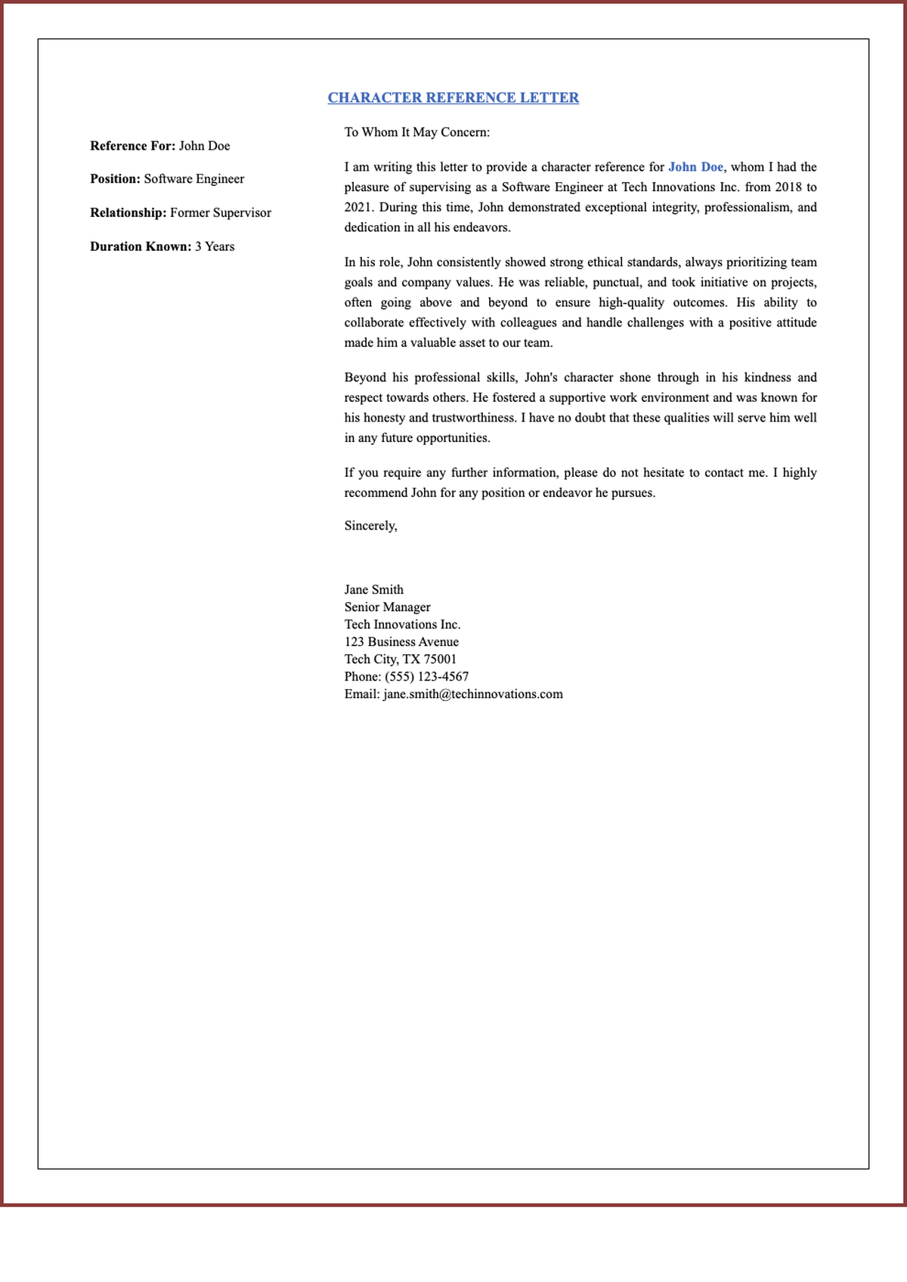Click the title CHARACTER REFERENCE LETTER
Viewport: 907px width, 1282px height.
point(453,97)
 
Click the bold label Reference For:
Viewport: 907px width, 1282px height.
point(132,146)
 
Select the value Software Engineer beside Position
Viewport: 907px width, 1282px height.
point(194,179)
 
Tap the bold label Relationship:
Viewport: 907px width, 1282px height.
point(128,213)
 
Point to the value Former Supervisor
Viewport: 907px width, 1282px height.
point(220,213)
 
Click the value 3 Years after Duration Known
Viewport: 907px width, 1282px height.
point(215,246)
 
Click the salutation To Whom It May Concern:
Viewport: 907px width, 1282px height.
point(416,132)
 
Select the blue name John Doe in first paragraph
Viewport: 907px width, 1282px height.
point(695,167)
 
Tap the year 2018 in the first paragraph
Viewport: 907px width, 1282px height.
point(789,187)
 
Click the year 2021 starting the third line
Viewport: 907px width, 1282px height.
point(358,207)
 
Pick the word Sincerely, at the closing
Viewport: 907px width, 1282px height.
point(370,526)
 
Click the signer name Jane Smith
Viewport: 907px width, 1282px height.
point(373,590)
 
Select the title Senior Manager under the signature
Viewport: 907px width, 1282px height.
point(387,607)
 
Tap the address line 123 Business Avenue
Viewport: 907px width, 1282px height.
point(401,642)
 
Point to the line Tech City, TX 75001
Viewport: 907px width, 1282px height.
point(400,660)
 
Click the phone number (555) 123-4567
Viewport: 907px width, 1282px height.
point(426,677)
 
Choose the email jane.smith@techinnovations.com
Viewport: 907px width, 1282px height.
point(472,694)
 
